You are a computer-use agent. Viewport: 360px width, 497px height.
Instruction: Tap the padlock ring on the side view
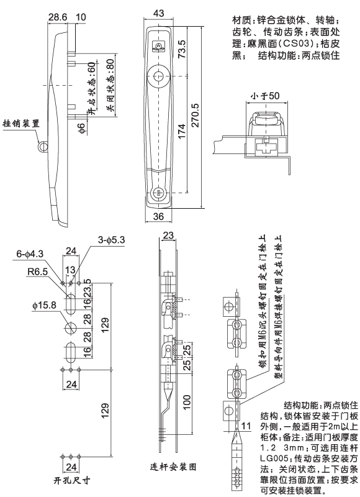[x=42, y=145]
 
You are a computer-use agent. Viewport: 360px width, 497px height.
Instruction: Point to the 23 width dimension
[x=168, y=235]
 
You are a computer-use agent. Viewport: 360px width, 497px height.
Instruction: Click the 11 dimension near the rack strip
[x=247, y=426]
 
